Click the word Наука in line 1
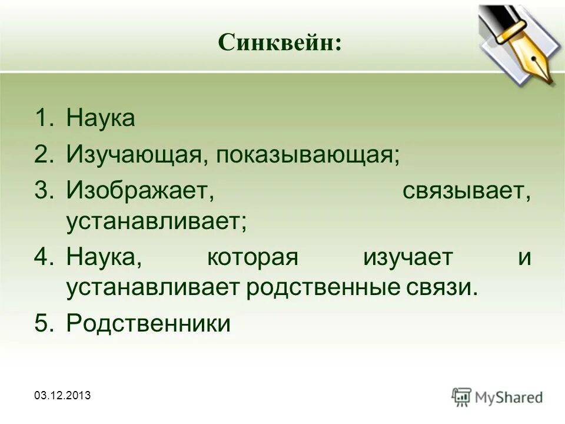pyautogui.click(x=101, y=118)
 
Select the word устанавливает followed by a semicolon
pyautogui.click(x=157, y=221)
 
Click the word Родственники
pyautogui.click(x=148, y=324)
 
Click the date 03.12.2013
pyautogui.click(x=63, y=395)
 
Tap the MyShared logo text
pyautogui.click(x=508, y=397)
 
